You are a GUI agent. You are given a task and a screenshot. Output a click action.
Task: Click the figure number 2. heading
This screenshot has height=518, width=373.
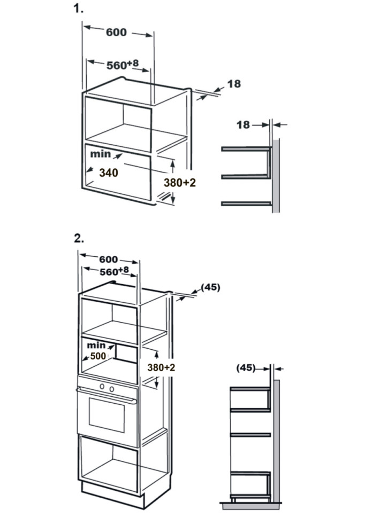click(79, 238)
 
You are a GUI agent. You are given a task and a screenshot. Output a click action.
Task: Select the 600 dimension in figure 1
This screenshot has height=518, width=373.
click(116, 32)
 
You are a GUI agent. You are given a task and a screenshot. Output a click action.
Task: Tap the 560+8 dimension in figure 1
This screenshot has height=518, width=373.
click(123, 65)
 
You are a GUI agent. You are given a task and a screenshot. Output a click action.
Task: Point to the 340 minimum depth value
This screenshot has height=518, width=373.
click(108, 172)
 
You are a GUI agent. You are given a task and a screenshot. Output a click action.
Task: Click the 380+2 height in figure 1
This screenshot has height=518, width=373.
click(179, 183)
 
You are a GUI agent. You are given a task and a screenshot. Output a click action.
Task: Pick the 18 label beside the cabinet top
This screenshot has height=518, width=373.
click(234, 84)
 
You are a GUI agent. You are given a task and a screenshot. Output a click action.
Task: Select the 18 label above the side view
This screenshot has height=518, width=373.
click(243, 125)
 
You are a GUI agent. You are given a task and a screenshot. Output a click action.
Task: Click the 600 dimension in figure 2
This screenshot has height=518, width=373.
click(108, 259)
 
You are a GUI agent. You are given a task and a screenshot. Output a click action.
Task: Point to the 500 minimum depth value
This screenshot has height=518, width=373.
click(97, 356)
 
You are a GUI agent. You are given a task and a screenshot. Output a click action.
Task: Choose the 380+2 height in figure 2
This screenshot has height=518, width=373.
click(161, 368)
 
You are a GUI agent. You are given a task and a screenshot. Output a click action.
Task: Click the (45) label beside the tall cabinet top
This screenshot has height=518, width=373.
click(210, 287)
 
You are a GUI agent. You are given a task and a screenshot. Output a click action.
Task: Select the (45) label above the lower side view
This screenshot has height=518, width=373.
click(246, 367)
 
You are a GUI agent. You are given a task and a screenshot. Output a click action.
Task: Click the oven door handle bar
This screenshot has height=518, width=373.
click(104, 396)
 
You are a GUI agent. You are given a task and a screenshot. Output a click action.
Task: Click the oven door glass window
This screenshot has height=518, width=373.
click(105, 418)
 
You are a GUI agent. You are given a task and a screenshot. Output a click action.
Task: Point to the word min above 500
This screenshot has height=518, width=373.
click(96, 346)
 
